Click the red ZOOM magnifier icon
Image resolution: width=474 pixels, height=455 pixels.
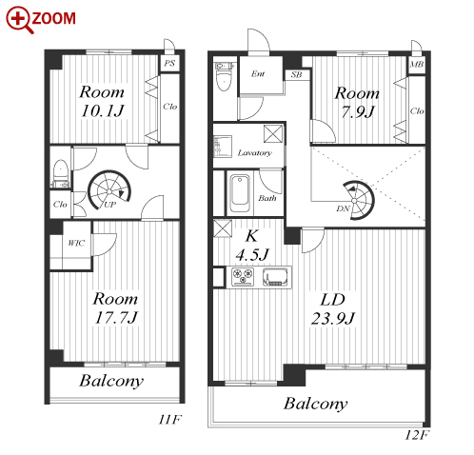pos(19,20)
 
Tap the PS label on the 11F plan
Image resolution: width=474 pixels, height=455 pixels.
pos(169,63)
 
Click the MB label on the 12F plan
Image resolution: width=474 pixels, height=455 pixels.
pos(417,64)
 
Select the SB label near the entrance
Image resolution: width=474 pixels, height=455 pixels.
pos(296,74)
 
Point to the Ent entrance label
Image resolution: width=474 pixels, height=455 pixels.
pos(258,74)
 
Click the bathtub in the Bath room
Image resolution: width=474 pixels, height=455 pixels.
pos(240,193)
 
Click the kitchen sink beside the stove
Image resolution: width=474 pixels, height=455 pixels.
pos(275,277)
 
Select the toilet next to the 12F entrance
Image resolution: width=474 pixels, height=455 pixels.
pos(224,76)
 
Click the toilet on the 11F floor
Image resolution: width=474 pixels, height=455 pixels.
pos(60,174)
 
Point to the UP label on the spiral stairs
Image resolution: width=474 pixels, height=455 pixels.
pos(109,205)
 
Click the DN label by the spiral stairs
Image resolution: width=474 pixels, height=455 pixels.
pos(343,208)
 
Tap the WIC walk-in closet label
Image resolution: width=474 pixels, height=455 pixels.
pos(76,243)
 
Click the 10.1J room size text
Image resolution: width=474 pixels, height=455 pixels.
pos(102,110)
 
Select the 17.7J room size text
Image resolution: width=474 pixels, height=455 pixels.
pos(116,317)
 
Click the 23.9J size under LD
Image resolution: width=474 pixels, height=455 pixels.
pos(333,318)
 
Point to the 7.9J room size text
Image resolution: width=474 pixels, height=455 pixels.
pos(358,111)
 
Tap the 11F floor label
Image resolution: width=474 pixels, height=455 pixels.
pos(169,420)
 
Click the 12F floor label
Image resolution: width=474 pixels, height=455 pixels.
pos(416,435)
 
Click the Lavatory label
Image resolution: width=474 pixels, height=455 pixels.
pos(255,153)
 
